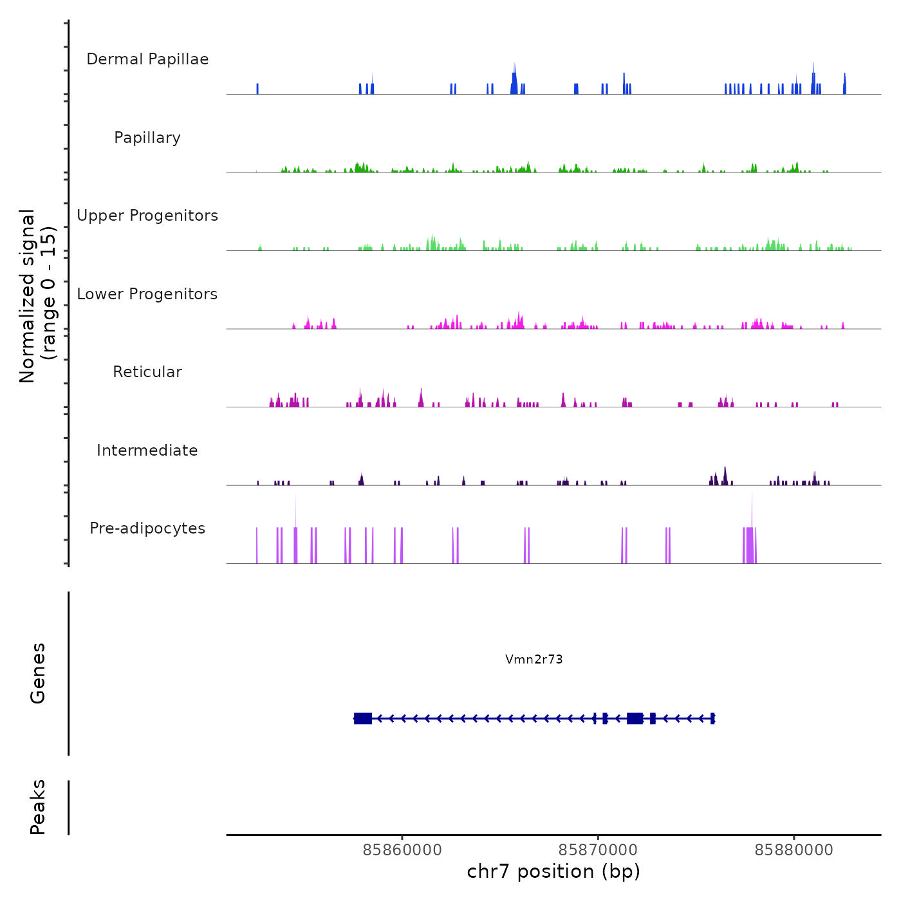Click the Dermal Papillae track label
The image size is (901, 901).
(147, 59)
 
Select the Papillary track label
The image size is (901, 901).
(147, 138)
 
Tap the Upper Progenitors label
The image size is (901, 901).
(147, 216)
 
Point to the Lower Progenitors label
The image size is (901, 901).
(147, 294)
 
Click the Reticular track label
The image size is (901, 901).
(147, 372)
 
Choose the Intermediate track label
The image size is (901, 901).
(147, 450)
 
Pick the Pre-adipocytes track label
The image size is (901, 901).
(147, 528)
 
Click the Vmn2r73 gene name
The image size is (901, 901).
(534, 659)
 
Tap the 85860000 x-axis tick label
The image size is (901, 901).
(402, 850)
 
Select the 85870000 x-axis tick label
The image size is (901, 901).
(598, 850)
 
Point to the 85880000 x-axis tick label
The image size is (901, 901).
(794, 850)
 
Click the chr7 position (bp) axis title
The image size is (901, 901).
(553, 871)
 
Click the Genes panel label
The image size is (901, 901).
(37, 673)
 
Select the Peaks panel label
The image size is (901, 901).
(37, 807)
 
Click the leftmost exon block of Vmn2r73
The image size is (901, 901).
(363, 718)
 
